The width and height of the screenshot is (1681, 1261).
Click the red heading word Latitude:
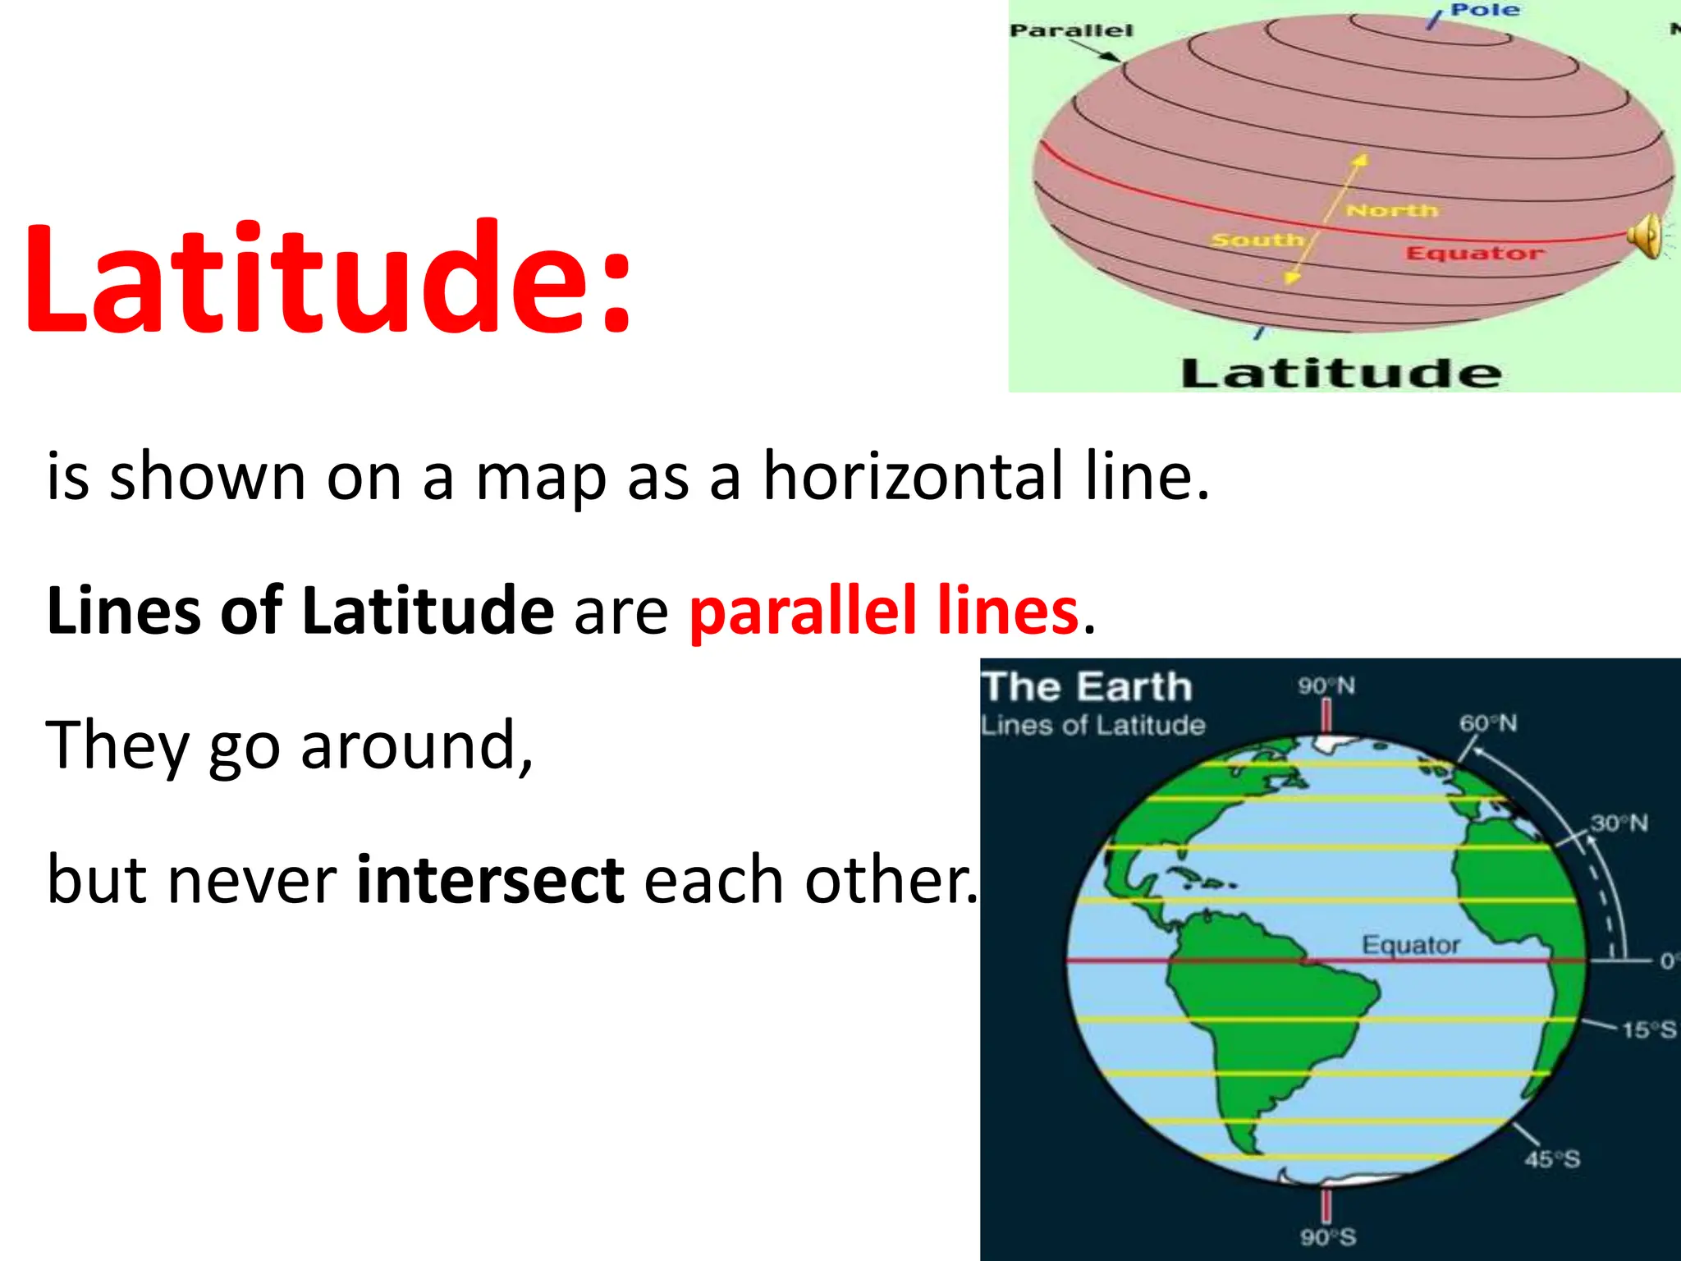pyautogui.click(x=328, y=279)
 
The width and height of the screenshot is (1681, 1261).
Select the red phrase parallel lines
pyautogui.click(x=883, y=612)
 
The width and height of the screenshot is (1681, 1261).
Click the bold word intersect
pyautogui.click(x=491, y=880)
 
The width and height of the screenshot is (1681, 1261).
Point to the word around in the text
pyautogui.click(x=417, y=745)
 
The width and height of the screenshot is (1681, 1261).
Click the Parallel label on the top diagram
pyautogui.click(x=1070, y=31)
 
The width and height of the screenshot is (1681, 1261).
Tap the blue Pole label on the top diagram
pyautogui.click(x=1485, y=10)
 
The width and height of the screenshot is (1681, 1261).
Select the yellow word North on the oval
pyautogui.click(x=1392, y=211)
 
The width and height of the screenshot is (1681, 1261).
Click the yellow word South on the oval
pyautogui.click(x=1257, y=241)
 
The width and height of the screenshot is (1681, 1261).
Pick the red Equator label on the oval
pyautogui.click(x=1474, y=253)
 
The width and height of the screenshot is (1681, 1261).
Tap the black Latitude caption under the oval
pyautogui.click(x=1341, y=374)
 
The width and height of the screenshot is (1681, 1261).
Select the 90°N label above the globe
pyautogui.click(x=1326, y=686)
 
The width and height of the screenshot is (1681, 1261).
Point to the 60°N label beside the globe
pyautogui.click(x=1487, y=723)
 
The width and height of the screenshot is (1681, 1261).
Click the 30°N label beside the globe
pyautogui.click(x=1619, y=823)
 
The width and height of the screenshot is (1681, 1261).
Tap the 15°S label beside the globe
pyautogui.click(x=1648, y=1029)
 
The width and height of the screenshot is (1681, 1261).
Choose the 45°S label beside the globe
pyautogui.click(x=1552, y=1159)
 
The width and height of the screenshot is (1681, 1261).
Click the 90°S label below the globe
pyautogui.click(x=1327, y=1236)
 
